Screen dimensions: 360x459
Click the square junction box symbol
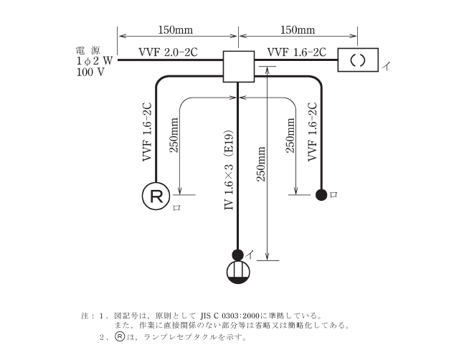click(239, 67)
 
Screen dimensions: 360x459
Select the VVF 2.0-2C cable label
click(169, 53)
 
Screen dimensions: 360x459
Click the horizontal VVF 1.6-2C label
click(297, 52)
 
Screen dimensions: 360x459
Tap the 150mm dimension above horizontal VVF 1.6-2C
click(297, 30)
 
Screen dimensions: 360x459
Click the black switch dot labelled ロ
click(322, 194)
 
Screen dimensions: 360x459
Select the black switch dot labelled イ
click(238, 253)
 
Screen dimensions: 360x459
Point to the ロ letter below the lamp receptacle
click(176, 208)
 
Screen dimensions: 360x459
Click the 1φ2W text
click(93, 62)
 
